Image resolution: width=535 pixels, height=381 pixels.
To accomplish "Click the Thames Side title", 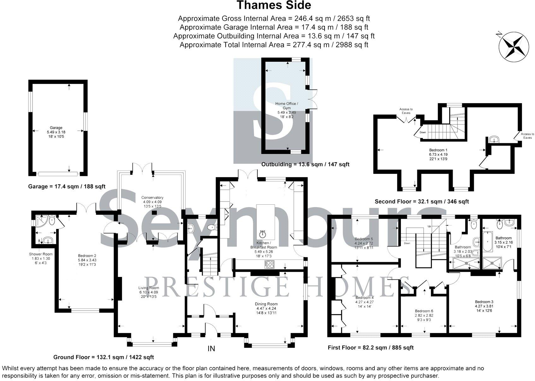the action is (x=274, y=5).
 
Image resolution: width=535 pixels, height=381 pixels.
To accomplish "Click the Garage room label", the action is (x=56, y=128).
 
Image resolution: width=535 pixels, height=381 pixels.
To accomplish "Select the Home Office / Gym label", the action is (x=286, y=106).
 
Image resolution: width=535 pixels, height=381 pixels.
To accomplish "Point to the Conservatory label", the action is (x=152, y=198).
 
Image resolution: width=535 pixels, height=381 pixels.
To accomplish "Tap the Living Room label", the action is (x=149, y=288).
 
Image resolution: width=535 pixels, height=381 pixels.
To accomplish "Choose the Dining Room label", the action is (x=266, y=304).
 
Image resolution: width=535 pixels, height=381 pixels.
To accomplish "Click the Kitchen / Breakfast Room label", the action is (x=263, y=245).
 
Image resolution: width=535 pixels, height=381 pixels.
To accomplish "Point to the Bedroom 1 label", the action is (x=438, y=150).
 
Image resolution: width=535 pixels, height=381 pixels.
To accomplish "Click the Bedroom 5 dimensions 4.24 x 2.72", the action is (x=364, y=243).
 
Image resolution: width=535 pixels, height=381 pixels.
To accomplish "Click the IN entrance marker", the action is (x=211, y=349).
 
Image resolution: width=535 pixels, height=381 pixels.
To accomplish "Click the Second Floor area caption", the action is (x=422, y=201).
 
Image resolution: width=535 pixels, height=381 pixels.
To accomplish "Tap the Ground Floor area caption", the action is (x=103, y=357).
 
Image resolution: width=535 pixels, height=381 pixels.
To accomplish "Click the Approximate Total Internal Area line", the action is (x=274, y=45).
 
